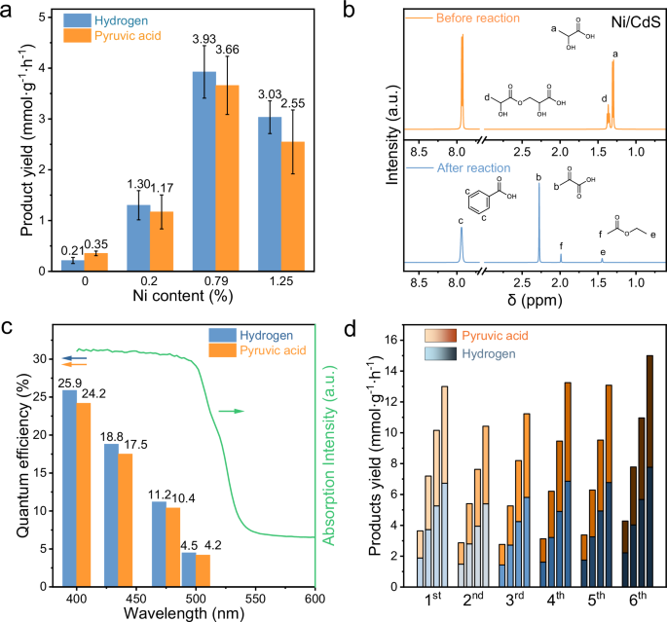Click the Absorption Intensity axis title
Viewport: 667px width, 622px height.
point(329,456)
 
